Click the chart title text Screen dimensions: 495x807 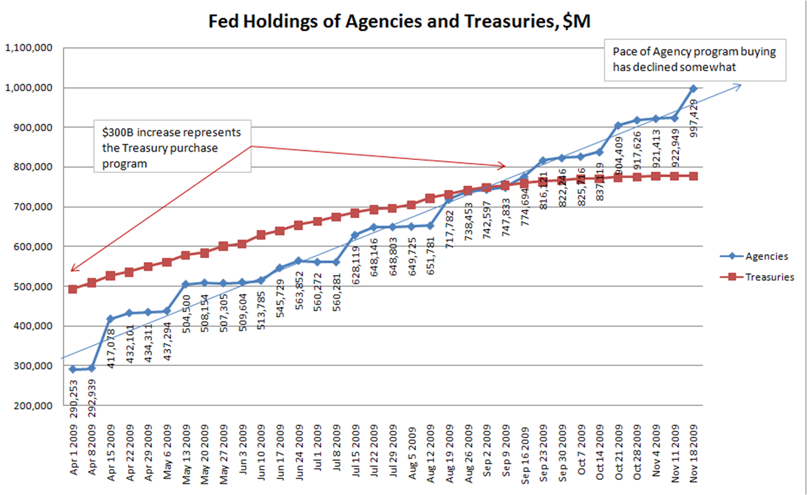[x=399, y=21]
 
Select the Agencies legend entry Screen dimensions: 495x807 [x=766, y=256]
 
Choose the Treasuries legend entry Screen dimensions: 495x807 [x=769, y=277]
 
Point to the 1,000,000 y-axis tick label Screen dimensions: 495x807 [x=29, y=88]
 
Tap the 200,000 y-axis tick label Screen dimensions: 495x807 [x=32, y=406]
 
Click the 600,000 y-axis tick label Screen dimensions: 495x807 [x=32, y=246]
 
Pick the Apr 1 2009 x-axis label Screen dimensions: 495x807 [x=74, y=451]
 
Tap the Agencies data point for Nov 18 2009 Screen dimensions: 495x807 [x=693, y=88]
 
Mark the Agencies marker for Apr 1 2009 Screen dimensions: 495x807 [x=72, y=369]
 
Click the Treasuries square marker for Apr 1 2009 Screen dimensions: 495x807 [x=72, y=289]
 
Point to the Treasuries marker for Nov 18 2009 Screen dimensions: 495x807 [x=693, y=176]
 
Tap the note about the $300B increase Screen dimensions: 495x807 [x=172, y=148]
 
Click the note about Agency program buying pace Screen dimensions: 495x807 [x=695, y=60]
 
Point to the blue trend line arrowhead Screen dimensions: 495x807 [x=738, y=85]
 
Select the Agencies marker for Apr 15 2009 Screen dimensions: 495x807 [x=110, y=319]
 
